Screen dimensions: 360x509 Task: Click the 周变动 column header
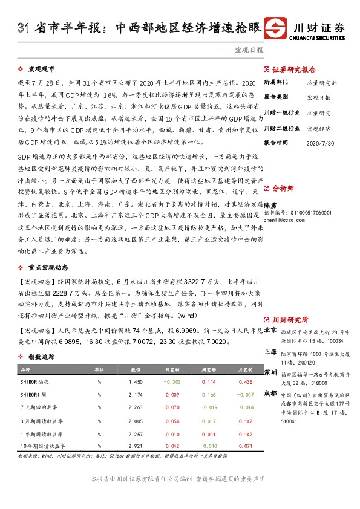pos(208,369)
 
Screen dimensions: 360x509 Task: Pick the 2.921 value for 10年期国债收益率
pos(136,445)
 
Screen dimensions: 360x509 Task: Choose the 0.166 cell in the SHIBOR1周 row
pos(208,395)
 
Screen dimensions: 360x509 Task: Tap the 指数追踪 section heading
pos(42,357)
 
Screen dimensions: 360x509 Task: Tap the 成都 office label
pos(271,392)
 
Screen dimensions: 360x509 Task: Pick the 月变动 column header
pos(245,369)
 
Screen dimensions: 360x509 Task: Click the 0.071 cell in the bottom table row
pos(245,445)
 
